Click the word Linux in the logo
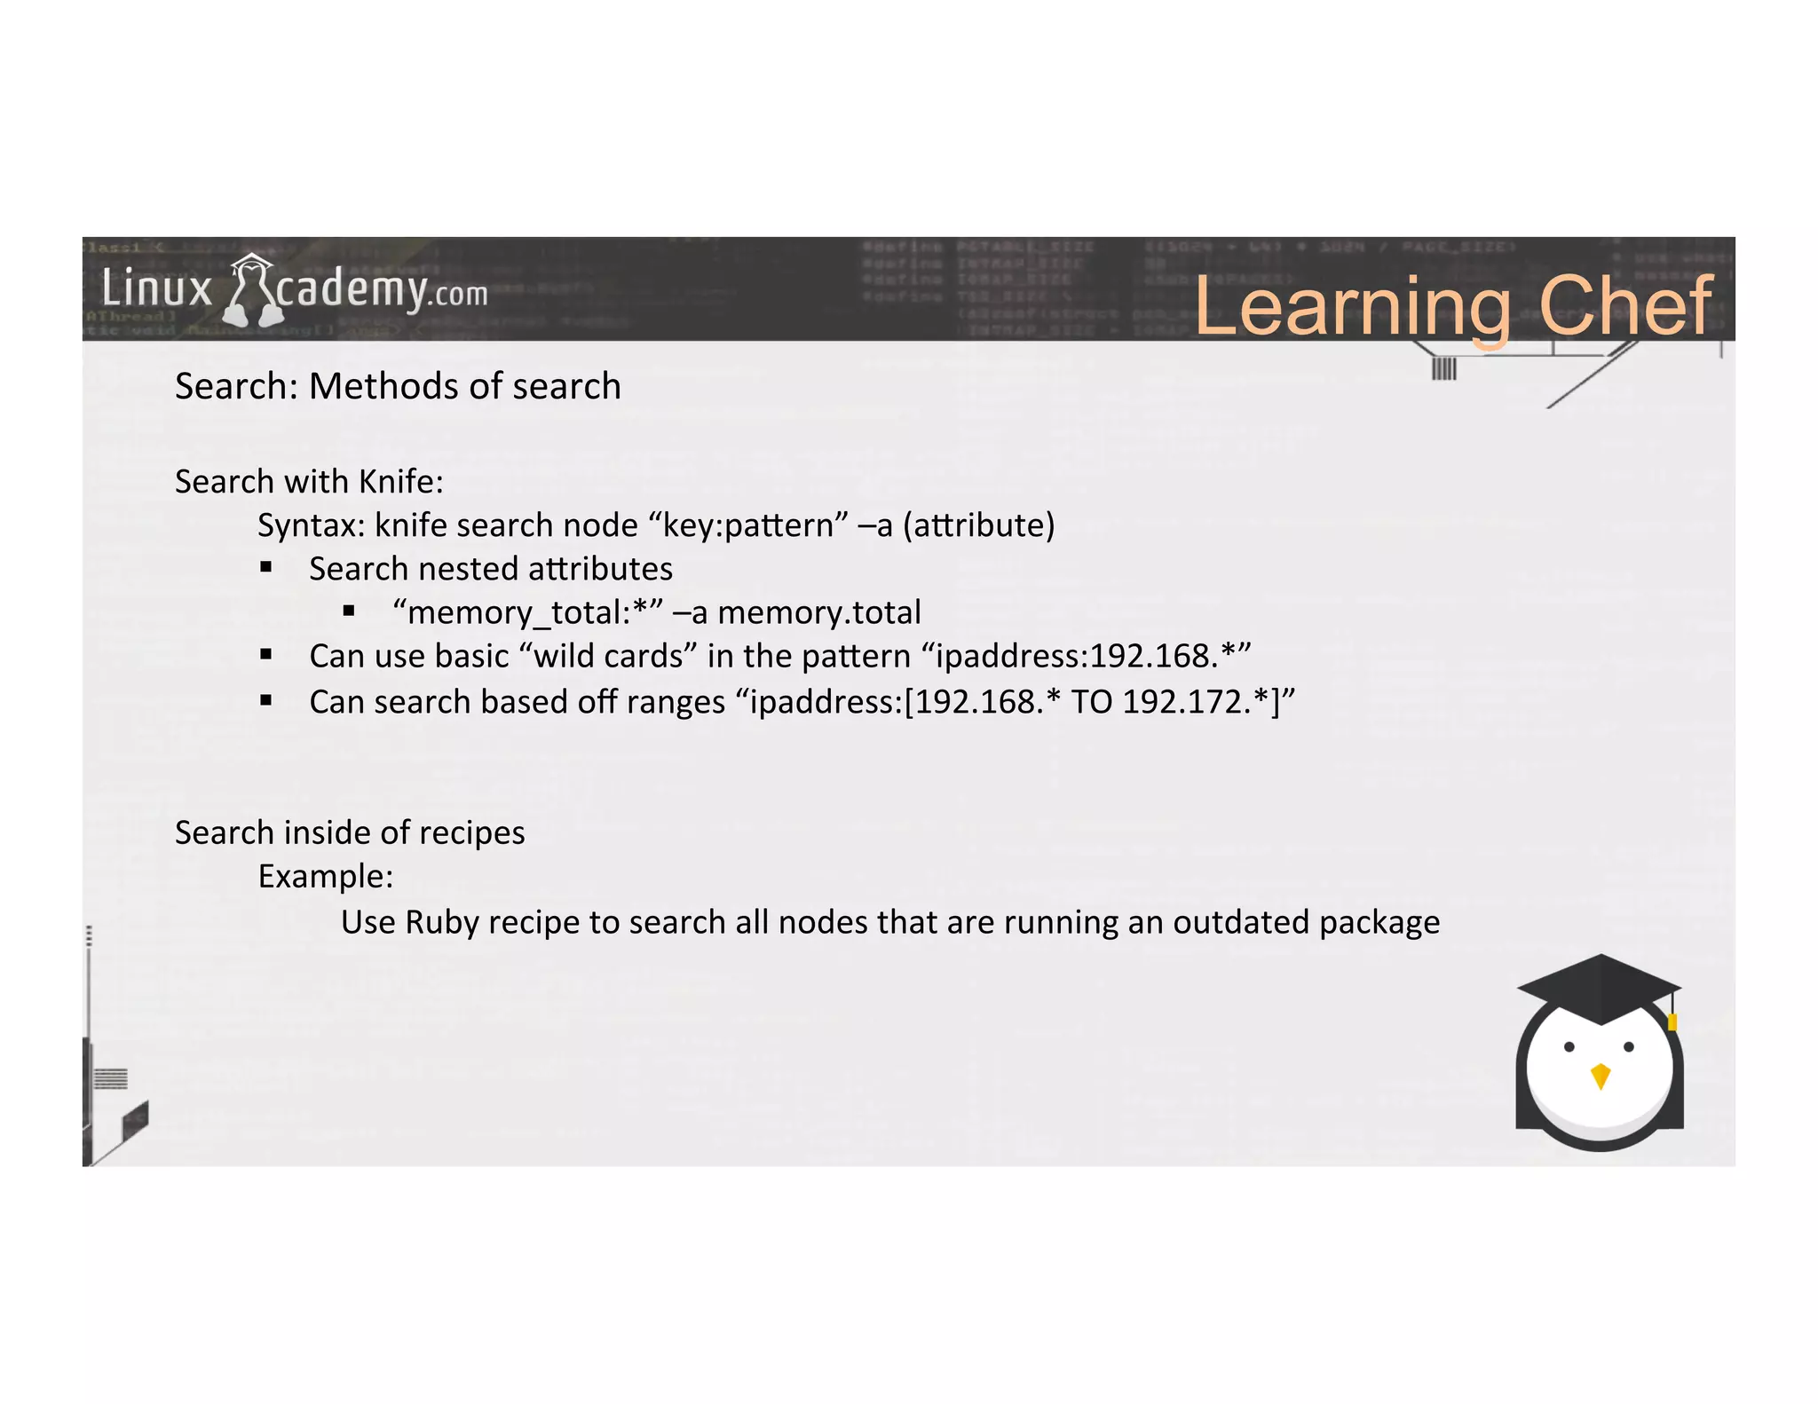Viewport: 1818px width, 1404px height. click(x=157, y=289)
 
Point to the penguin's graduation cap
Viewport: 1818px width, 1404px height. click(x=1599, y=988)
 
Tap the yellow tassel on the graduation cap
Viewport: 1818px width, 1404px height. click(x=1672, y=1021)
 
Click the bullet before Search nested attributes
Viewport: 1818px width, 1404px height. click(x=266, y=568)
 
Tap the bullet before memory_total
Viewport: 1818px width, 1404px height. click(x=349, y=611)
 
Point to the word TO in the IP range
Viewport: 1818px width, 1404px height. click(x=1092, y=702)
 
